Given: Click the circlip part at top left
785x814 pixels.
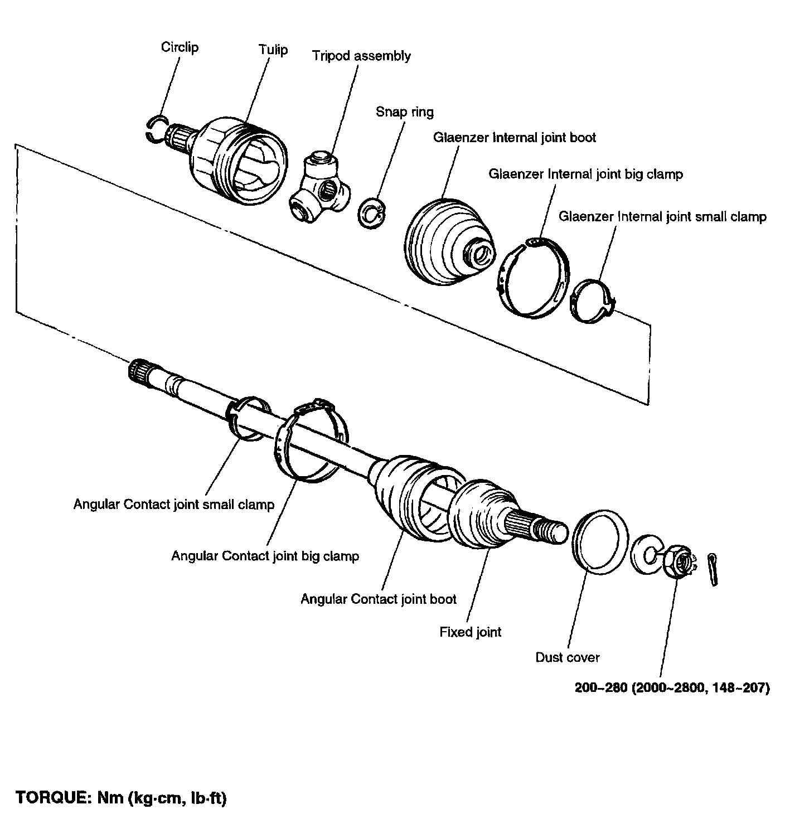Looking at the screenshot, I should point(157,129).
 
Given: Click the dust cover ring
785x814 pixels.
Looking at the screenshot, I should point(597,541).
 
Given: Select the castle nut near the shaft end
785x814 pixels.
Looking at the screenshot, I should point(678,563).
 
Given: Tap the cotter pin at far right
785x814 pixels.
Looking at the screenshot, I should point(713,569).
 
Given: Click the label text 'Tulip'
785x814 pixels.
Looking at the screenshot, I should point(273,50).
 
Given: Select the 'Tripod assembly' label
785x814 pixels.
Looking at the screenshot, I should point(361,56).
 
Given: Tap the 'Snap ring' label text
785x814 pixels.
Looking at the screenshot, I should point(404,112).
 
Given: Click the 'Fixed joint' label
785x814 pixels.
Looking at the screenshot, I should point(471,632).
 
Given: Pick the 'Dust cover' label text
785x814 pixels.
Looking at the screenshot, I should point(567,657).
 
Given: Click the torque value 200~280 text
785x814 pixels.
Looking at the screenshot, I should point(672,688).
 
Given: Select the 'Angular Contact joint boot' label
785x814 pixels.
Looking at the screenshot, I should point(379,599).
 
